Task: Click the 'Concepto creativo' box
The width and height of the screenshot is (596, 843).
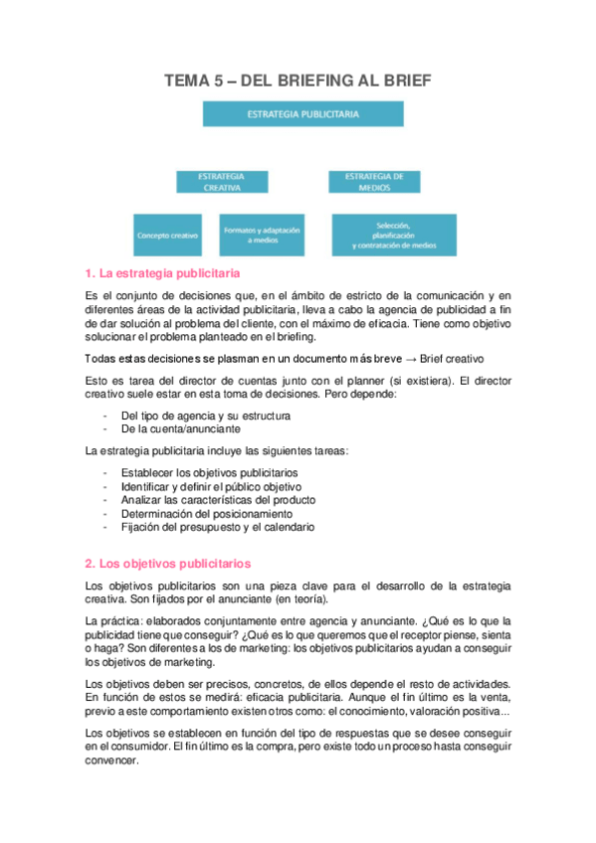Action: tap(168, 237)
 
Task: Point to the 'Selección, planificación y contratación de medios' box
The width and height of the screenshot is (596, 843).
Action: tap(394, 236)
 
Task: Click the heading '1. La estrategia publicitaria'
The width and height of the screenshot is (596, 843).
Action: tap(164, 272)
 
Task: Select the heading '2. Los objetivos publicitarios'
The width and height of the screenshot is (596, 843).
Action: tap(168, 563)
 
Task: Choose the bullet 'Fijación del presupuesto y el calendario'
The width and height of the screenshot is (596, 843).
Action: tap(217, 528)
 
